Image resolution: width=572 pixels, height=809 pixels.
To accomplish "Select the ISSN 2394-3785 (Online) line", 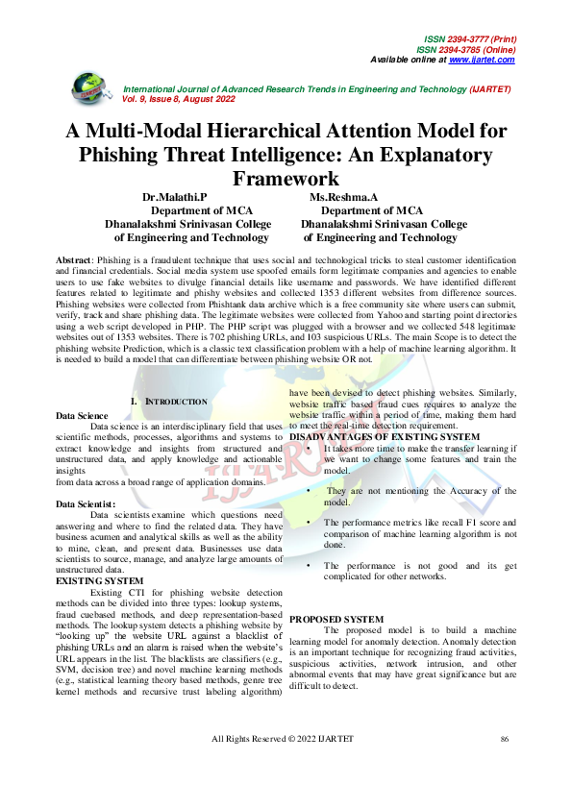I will (466, 50).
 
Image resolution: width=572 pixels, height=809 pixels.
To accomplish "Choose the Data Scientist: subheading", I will (86, 503).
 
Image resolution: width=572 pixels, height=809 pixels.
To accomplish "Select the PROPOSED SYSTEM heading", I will (336, 620).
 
